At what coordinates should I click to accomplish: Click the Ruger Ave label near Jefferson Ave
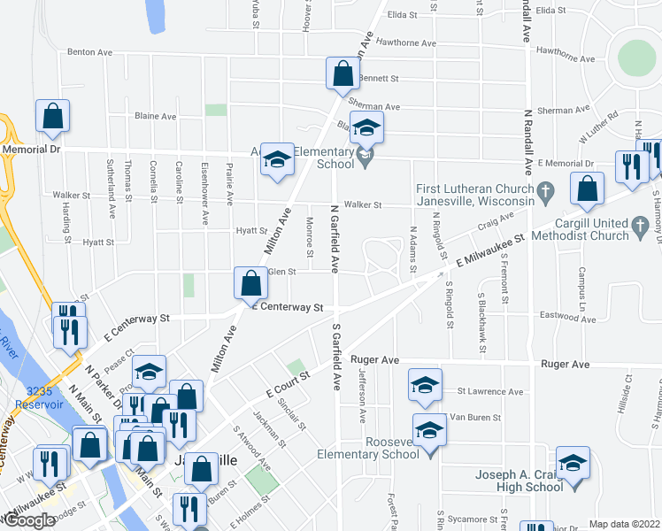pyautogui.click(x=375, y=360)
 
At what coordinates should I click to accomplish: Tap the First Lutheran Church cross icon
pyautogui.click(x=546, y=189)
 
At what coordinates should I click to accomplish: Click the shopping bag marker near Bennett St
pyautogui.click(x=343, y=74)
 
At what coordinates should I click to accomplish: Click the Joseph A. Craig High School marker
pyautogui.click(x=573, y=463)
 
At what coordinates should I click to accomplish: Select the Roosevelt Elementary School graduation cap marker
pyautogui.click(x=430, y=431)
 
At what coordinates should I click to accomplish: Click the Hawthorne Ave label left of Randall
pyautogui.click(x=406, y=42)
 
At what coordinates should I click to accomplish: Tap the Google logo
pyautogui.click(x=29, y=520)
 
